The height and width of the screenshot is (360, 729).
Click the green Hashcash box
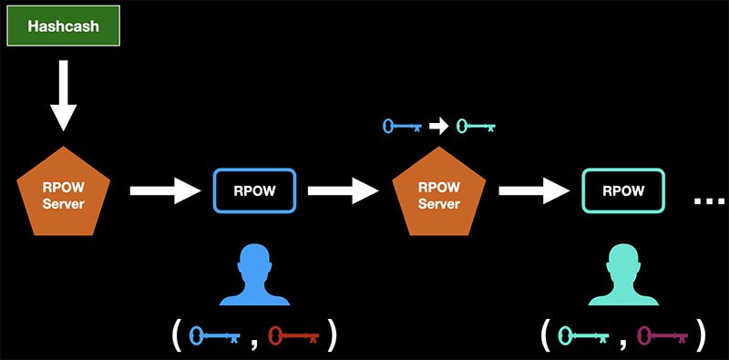pos(63,26)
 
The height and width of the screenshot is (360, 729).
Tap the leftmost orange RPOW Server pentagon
pos(63,194)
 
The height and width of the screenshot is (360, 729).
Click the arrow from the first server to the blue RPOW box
pos(164,191)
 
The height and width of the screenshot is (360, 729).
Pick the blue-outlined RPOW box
pos(255,191)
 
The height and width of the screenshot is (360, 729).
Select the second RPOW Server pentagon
pos(438,194)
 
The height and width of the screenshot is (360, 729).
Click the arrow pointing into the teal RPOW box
pos(534,191)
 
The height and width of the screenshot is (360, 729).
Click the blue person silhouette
pos(255,274)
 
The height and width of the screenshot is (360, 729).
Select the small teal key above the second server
pos(475,127)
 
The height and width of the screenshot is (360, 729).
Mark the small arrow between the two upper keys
pos(439,127)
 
